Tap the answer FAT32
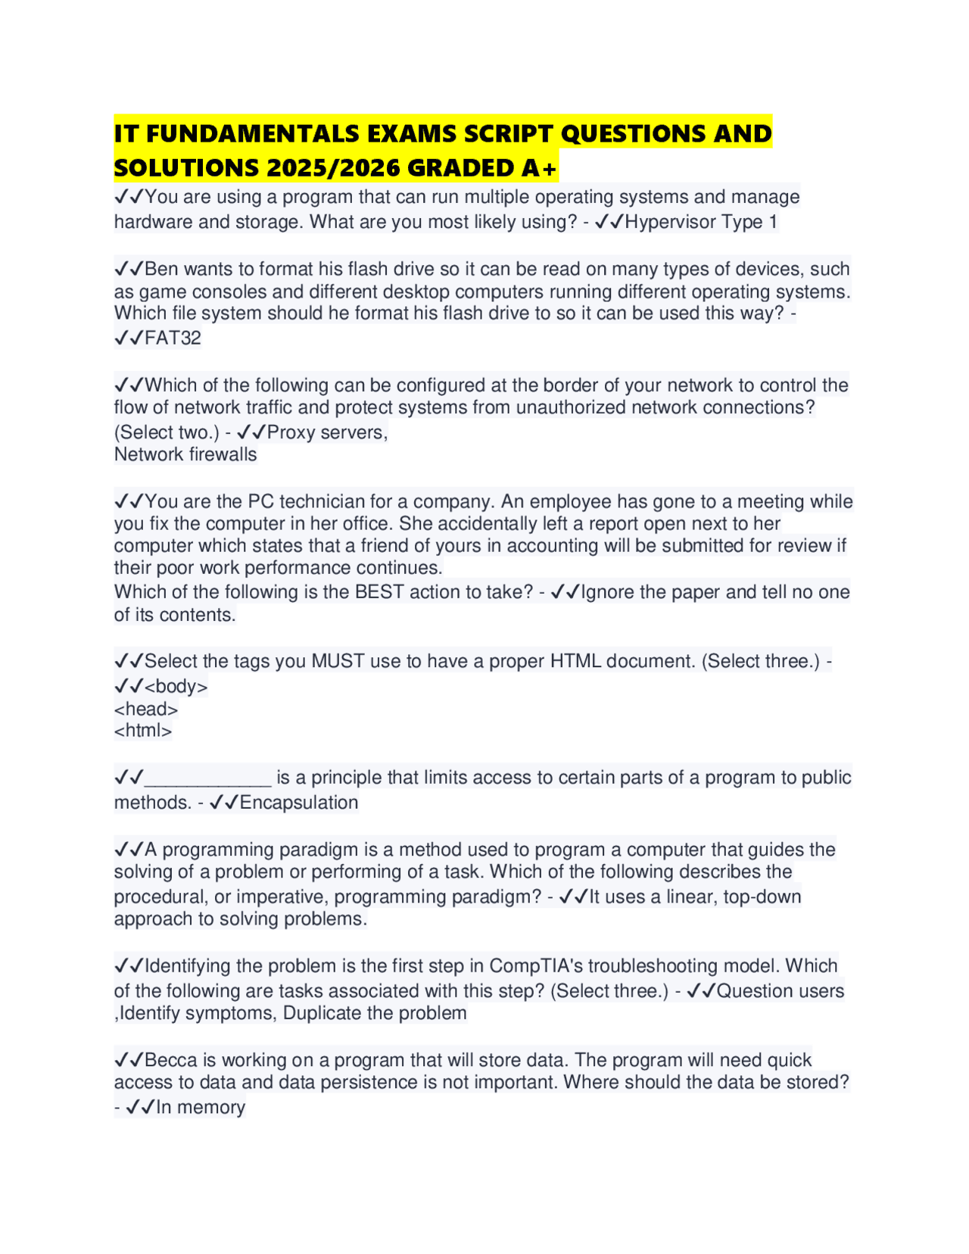pos(173,338)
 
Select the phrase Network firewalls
pos(185,454)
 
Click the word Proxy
pos(291,432)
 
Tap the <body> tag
pos(176,687)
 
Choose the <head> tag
pos(146,710)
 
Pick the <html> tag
pos(143,731)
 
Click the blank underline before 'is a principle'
pos(207,778)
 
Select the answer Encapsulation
pos(299,803)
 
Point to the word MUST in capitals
pos(338,661)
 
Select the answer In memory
pos(201,1107)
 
